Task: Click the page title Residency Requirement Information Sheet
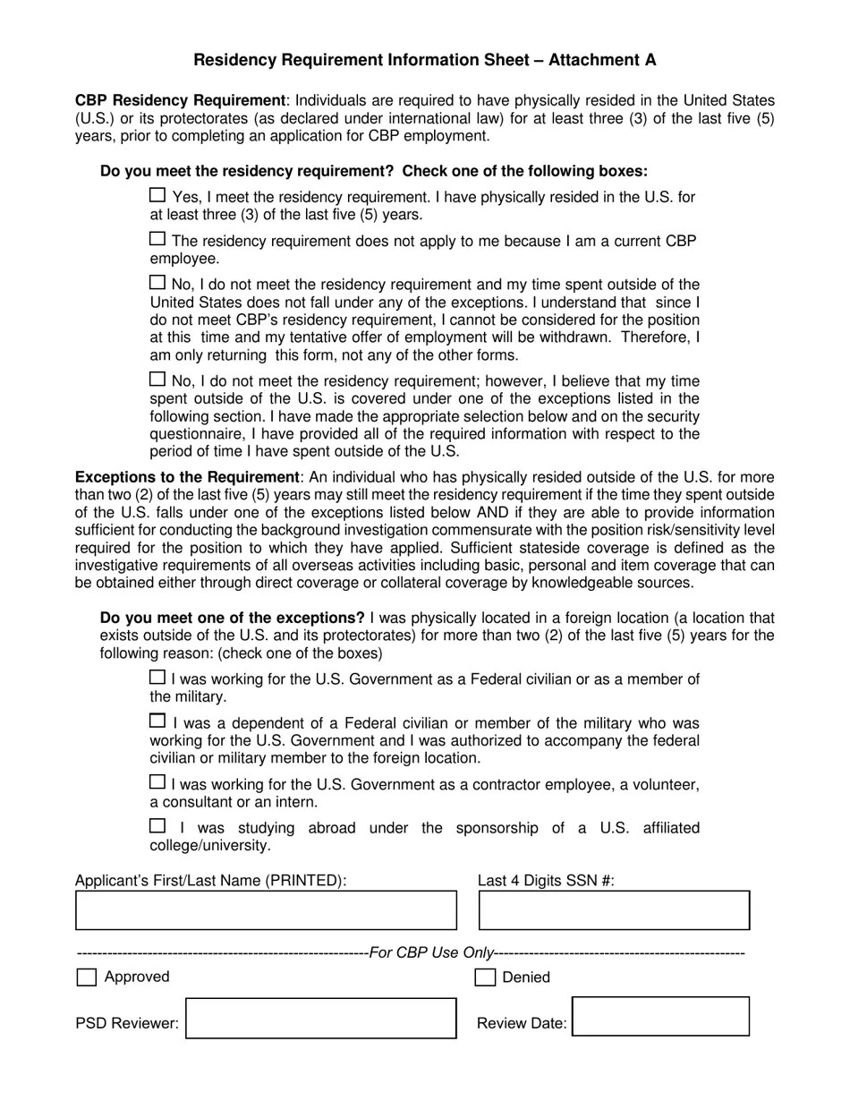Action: (x=424, y=60)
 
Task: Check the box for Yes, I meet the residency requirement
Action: (x=157, y=195)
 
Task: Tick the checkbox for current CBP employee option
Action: (x=157, y=239)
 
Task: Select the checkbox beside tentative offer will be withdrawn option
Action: (x=157, y=283)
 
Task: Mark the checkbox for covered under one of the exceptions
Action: (x=157, y=380)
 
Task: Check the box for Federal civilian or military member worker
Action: (x=157, y=678)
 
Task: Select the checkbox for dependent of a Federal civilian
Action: (x=157, y=721)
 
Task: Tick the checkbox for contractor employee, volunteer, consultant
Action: (x=157, y=782)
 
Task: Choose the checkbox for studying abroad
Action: (x=157, y=826)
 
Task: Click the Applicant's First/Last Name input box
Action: (x=266, y=910)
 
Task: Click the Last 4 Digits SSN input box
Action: (x=614, y=910)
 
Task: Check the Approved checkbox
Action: (x=87, y=977)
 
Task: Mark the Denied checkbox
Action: (x=484, y=977)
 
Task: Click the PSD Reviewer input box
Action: (x=320, y=1019)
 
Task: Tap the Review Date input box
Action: (x=660, y=1017)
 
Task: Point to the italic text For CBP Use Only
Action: (x=431, y=953)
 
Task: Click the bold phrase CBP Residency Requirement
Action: (x=180, y=100)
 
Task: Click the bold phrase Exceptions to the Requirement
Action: (x=187, y=477)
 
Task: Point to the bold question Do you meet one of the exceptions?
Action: (x=233, y=618)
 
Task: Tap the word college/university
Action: (x=209, y=845)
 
